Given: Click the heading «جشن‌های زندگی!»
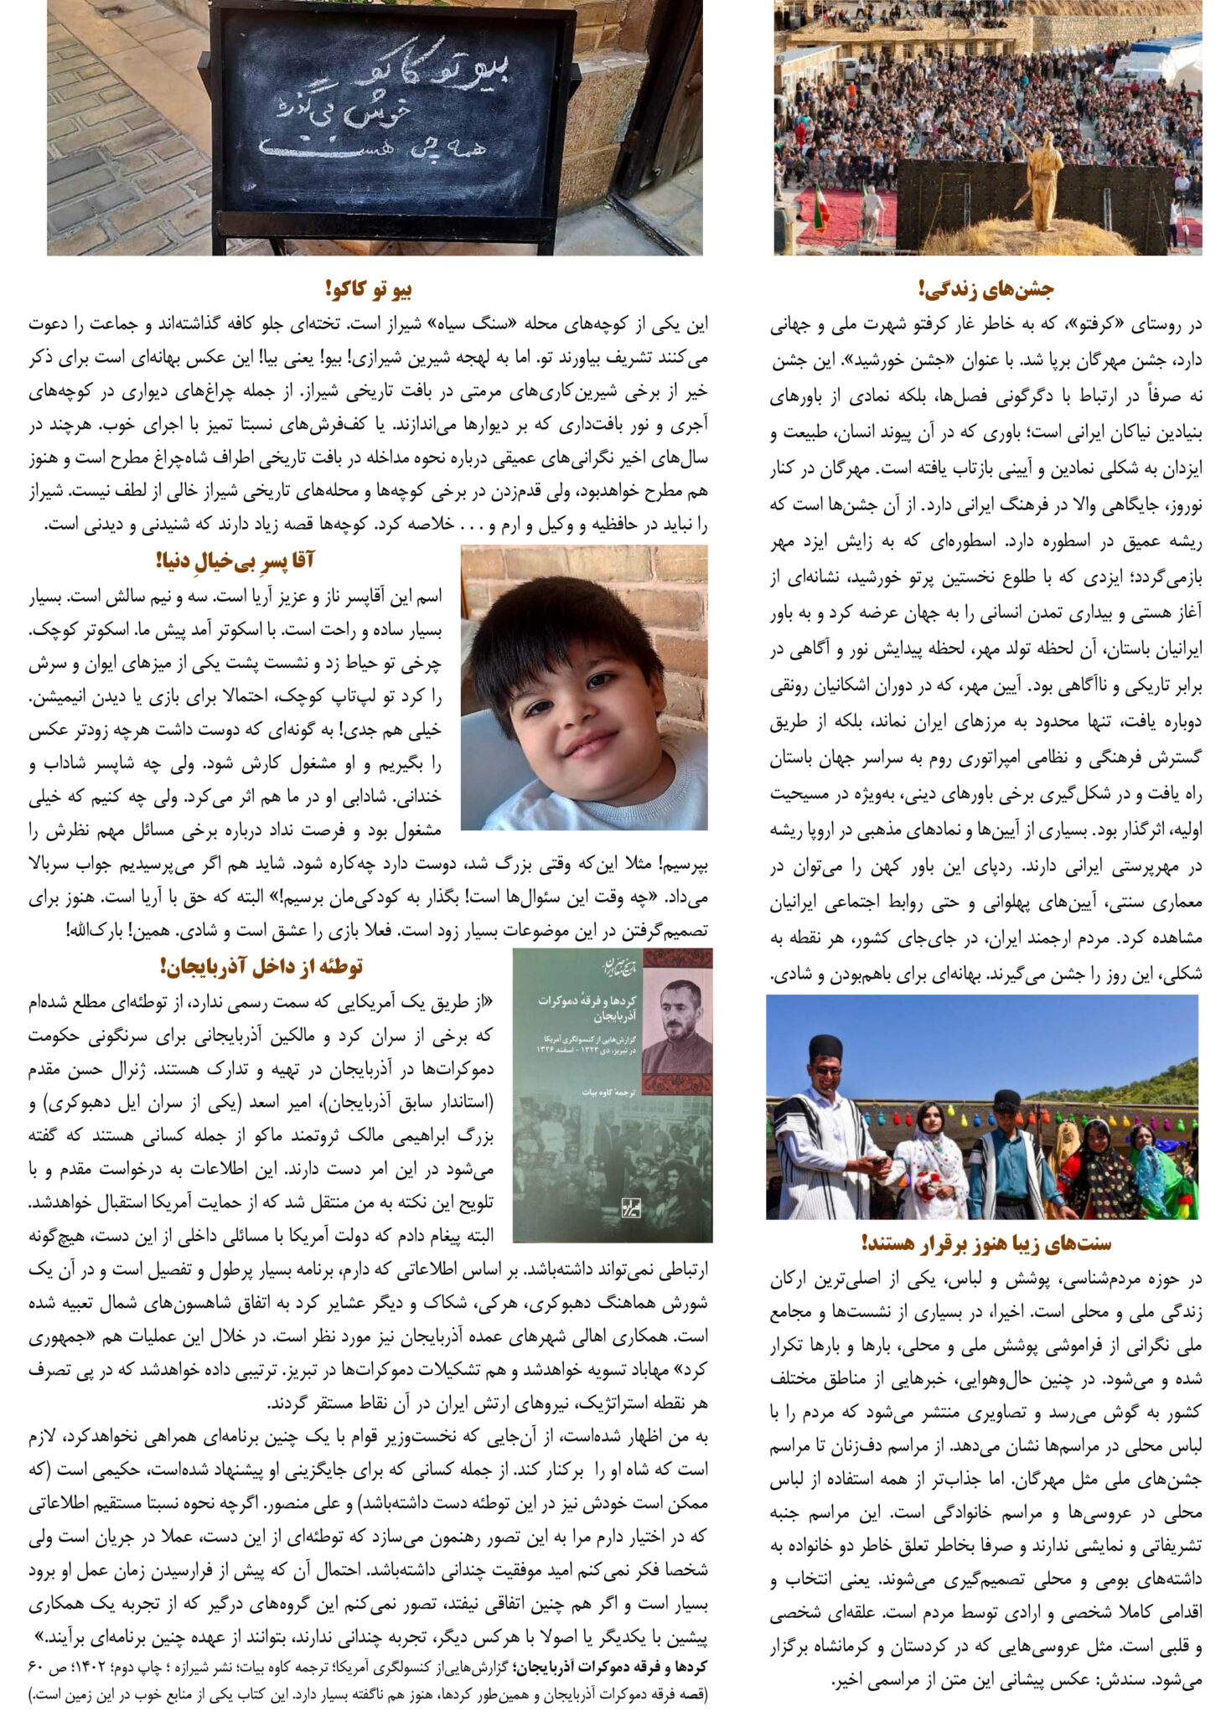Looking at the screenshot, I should pos(985,290).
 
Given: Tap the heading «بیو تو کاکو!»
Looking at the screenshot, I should pos(369,290).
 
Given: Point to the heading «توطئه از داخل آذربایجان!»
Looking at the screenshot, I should pos(261,967).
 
